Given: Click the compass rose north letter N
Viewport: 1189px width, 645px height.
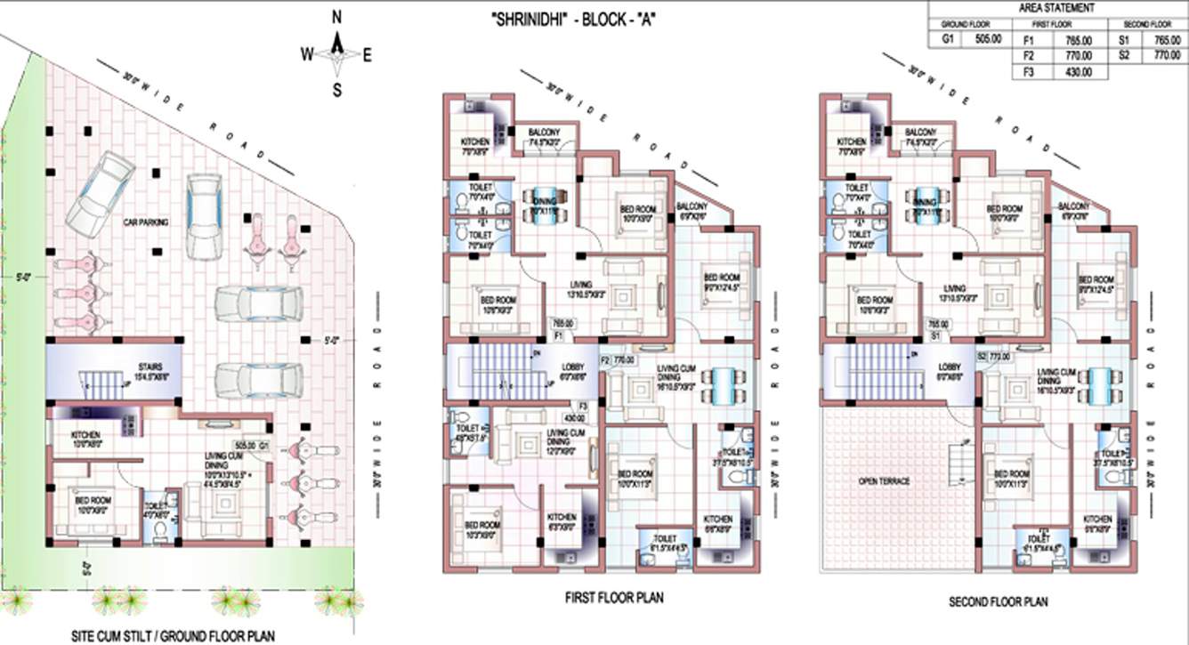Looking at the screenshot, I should pos(337,17).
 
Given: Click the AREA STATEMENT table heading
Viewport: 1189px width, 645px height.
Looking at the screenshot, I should pos(1056,7).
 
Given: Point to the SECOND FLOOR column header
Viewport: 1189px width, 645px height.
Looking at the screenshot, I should pos(1147,24).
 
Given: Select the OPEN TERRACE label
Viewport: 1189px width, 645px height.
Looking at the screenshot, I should pos(884,482).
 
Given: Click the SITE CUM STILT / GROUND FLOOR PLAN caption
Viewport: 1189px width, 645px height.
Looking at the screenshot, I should pos(173,635).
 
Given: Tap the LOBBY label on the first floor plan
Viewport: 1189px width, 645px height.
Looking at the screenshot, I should pos(573,367).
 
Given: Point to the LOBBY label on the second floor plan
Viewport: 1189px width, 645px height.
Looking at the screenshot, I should pos(950,367).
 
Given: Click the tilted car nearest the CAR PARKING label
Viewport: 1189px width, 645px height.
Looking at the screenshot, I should pos(102,189).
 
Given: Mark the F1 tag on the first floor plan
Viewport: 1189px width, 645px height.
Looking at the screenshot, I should pos(559,338).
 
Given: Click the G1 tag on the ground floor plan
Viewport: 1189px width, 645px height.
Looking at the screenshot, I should pos(263,444).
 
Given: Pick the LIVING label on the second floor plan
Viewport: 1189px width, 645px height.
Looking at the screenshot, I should pos(954,288).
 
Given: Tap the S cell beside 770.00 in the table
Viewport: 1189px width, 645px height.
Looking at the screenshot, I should pos(1125,56).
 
